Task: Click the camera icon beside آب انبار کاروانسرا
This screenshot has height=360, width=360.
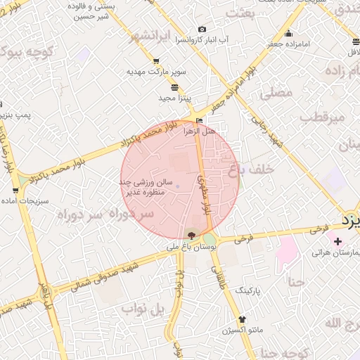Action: [x=202, y=30]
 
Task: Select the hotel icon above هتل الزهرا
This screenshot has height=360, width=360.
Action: [x=200, y=121]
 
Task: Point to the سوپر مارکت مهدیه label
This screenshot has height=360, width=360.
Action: [x=155, y=72]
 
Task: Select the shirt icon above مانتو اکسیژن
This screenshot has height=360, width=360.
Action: [x=243, y=319]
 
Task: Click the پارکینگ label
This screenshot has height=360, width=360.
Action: [x=247, y=289]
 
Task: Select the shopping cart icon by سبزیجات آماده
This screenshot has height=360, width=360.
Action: [x=16, y=191]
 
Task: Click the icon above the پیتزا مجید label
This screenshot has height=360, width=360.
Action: [x=174, y=87]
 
